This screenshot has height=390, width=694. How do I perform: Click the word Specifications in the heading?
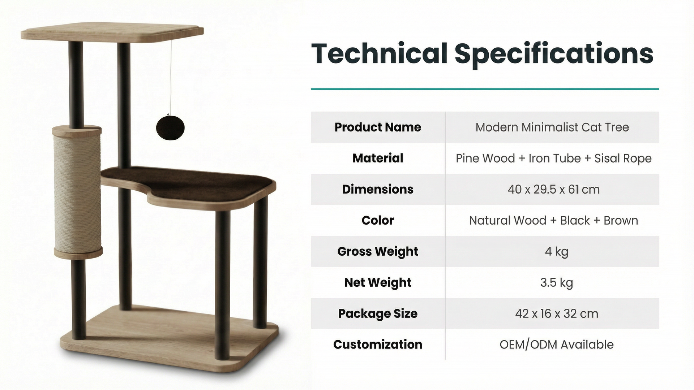click(x=554, y=54)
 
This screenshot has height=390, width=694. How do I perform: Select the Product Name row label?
click(x=378, y=127)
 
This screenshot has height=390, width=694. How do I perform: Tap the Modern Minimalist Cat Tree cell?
click(x=552, y=127)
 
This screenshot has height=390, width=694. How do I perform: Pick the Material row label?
click(x=378, y=158)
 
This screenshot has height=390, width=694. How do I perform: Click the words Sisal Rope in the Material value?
click(x=623, y=159)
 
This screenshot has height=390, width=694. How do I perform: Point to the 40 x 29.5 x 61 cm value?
click(x=553, y=189)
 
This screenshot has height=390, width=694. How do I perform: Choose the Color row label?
click(x=378, y=220)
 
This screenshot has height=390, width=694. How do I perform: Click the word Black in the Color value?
click(x=574, y=220)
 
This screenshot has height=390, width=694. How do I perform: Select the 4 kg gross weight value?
click(x=556, y=251)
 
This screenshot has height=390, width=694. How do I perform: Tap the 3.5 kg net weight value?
click(x=556, y=282)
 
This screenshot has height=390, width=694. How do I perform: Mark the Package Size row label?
click(x=378, y=313)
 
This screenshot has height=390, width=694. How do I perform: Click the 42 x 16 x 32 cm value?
click(x=557, y=313)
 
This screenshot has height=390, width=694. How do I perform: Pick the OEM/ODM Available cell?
click(x=556, y=344)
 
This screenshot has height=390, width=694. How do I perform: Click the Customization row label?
click(x=378, y=344)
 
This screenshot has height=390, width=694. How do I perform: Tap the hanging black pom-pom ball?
click(x=170, y=127)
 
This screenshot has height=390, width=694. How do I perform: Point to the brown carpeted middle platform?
click(x=188, y=182)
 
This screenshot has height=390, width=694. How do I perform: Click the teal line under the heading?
click(x=485, y=89)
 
